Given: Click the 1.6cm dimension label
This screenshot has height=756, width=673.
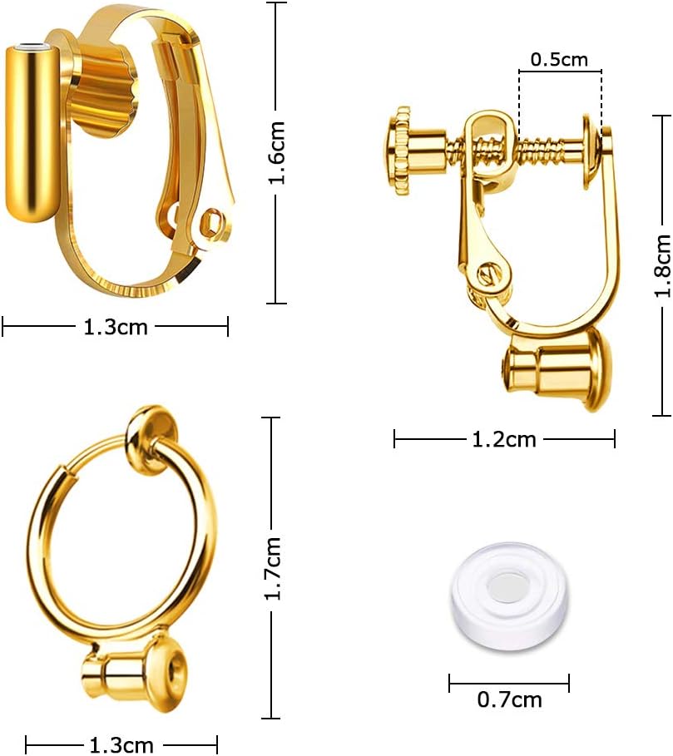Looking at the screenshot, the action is pos(278,153).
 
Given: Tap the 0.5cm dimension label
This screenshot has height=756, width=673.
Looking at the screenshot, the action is pos(559,60).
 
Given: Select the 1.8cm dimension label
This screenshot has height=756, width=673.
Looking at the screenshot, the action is pos(662,265).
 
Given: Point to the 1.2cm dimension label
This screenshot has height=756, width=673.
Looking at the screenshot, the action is pos(504,439).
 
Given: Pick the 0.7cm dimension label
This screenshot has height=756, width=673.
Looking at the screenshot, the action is pos(510,699).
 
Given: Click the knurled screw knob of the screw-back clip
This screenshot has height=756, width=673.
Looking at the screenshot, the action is pos(398,151).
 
